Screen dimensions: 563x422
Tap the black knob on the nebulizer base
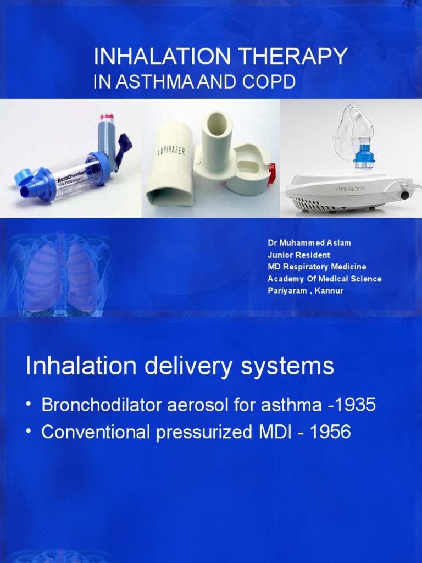tap(406, 195)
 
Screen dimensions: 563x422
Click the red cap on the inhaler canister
tap(106, 117)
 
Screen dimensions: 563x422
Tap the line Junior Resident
tap(299, 255)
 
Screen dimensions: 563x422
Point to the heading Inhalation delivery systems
tap(180, 366)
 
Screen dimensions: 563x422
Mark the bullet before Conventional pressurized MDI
tap(29, 432)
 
